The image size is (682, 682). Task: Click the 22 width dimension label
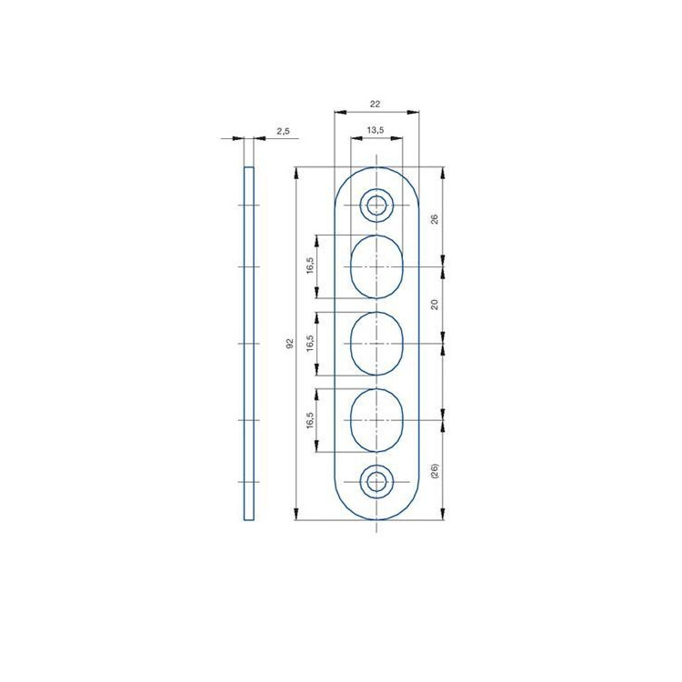(375, 104)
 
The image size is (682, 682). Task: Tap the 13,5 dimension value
(376, 130)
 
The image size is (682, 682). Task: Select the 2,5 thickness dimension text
(283, 131)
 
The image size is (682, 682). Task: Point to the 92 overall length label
(290, 343)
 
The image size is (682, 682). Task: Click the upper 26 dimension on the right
(434, 219)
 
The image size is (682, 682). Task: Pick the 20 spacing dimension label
(434, 305)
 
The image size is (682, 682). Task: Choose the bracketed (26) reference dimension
(434, 471)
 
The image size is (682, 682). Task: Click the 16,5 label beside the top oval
(310, 266)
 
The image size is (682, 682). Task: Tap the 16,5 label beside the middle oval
(310, 343)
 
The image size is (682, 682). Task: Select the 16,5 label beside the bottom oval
(310, 420)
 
